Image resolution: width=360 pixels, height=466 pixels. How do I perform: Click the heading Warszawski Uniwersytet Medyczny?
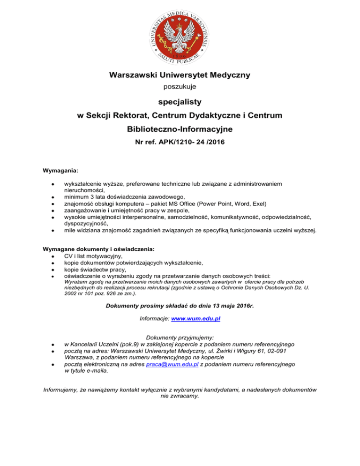click(180, 75)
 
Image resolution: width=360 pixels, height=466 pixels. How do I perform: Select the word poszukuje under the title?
click(180, 87)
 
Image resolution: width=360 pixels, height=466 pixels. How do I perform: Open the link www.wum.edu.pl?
click(196, 319)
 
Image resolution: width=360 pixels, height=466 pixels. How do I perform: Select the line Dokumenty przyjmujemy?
click(180, 337)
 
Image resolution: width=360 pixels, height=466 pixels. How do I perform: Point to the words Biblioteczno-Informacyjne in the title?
click(180, 128)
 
